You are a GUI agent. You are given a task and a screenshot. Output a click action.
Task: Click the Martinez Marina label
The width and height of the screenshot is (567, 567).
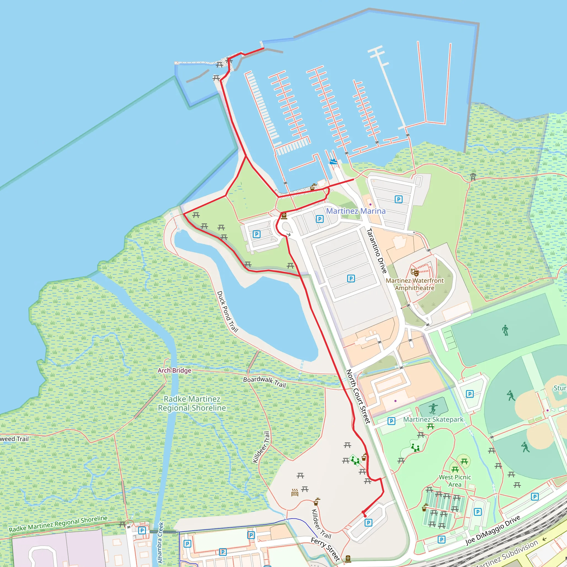[356, 211]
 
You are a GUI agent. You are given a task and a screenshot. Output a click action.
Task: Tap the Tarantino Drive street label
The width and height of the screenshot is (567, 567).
[377, 251]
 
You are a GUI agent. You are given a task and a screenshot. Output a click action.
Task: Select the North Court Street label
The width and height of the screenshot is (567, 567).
[358, 396]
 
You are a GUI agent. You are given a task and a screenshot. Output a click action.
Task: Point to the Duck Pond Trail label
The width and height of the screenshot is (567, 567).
[228, 311]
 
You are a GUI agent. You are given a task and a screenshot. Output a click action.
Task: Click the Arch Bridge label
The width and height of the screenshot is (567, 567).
[174, 370]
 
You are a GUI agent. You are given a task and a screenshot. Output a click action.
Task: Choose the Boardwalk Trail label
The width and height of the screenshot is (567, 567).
[264, 382]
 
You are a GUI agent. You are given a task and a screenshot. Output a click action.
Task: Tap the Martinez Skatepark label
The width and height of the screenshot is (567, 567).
[433, 420]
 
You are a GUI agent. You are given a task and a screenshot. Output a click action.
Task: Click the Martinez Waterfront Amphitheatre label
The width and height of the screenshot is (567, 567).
[414, 284]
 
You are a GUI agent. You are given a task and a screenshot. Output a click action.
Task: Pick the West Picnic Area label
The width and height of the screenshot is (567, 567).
[455, 481]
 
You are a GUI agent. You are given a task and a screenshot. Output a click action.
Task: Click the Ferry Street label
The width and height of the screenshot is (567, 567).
[326, 549]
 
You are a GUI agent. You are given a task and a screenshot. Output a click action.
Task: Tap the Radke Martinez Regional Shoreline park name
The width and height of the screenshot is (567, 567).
[192, 404]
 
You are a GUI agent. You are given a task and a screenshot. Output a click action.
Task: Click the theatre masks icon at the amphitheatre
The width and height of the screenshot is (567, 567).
[414, 273]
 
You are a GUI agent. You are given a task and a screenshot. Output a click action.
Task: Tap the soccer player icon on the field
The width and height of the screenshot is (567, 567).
[505, 330]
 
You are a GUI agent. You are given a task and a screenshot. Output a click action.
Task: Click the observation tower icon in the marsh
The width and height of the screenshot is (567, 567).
[473, 177]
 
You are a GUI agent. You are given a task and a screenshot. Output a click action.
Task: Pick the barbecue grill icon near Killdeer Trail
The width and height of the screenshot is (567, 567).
[295, 493]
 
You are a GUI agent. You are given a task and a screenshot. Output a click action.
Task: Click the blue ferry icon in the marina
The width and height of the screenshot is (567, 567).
[333, 161]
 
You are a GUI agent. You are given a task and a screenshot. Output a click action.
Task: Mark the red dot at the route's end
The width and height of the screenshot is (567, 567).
[365, 516]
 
